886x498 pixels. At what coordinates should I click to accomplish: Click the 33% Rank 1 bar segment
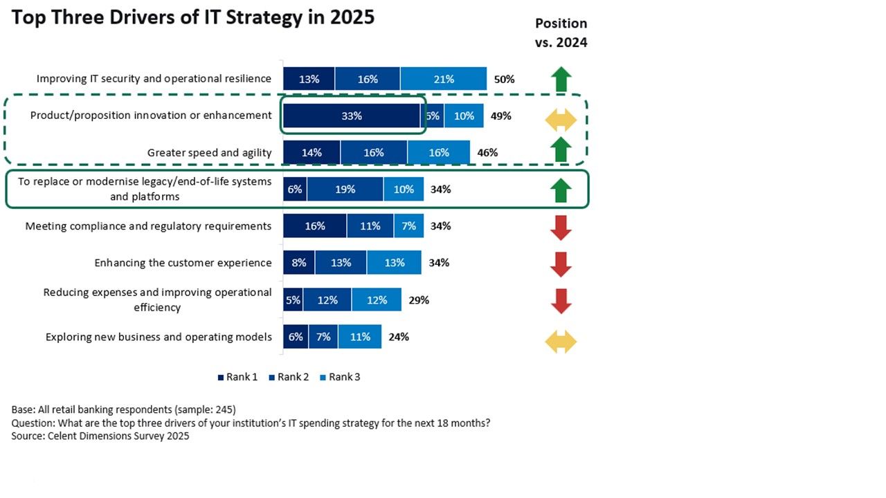pyautogui.click(x=352, y=116)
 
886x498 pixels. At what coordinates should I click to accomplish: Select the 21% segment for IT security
pyautogui.click(x=444, y=79)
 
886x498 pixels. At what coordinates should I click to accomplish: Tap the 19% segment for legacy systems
pyautogui.click(x=345, y=190)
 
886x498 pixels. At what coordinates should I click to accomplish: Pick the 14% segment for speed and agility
pyautogui.click(x=311, y=153)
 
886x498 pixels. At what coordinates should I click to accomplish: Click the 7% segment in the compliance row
pyautogui.click(x=408, y=226)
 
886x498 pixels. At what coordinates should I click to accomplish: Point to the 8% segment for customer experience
pyautogui.click(x=299, y=263)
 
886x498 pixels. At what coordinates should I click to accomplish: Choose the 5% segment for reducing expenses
pyautogui.click(x=293, y=300)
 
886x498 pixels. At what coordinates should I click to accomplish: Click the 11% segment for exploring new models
pyautogui.click(x=360, y=337)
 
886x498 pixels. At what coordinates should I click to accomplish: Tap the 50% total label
pyautogui.click(x=505, y=80)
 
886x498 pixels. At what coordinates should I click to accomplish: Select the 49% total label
pyautogui.click(x=500, y=116)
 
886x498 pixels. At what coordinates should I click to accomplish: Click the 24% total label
pyautogui.click(x=399, y=337)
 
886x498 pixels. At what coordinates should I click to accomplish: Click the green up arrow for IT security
pyautogui.click(x=561, y=79)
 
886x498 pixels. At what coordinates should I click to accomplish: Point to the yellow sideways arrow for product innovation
pyautogui.click(x=561, y=120)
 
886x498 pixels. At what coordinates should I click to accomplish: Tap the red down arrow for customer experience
pyautogui.click(x=561, y=264)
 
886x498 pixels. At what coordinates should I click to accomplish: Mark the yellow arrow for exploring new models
pyautogui.click(x=561, y=342)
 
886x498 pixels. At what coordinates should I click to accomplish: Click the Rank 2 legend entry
pyautogui.click(x=289, y=377)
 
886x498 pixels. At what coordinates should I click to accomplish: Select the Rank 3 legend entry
pyautogui.click(x=340, y=377)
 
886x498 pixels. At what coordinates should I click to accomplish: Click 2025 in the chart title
pyautogui.click(x=352, y=17)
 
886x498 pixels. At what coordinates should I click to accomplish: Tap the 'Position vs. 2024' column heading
pyautogui.click(x=561, y=33)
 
